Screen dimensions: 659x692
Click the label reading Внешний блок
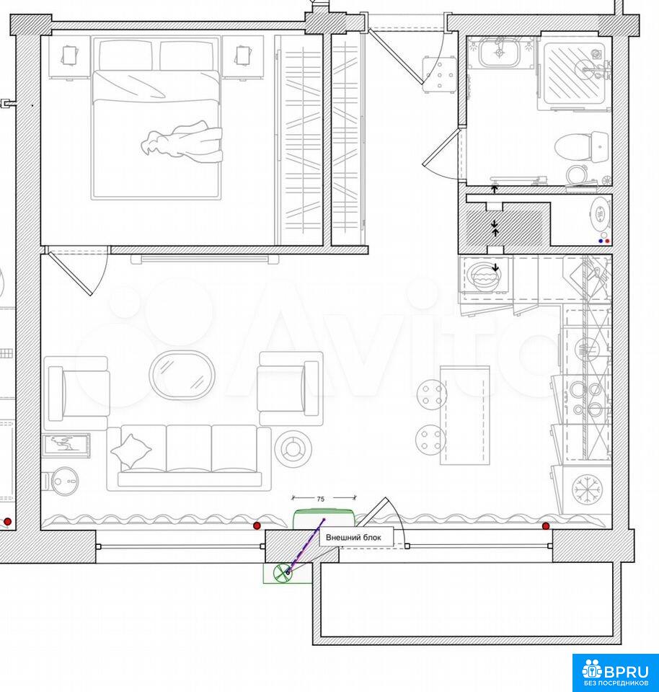pos(353,537)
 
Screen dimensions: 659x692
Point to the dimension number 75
pos(320,499)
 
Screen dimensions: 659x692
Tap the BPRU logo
pos(615,672)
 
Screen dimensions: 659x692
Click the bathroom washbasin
pos(500,52)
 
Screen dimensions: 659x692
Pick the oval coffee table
pos(182,375)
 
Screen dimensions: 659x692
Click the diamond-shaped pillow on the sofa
pos(131,451)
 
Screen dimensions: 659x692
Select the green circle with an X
pos(281,573)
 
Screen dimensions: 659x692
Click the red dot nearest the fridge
pos(546,526)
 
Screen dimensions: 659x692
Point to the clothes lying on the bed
pos(182,142)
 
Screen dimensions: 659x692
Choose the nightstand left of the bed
pos(69,58)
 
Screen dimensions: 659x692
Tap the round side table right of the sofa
pos(293,448)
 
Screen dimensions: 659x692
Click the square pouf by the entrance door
pos(439,74)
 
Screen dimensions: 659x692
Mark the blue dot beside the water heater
pos(601,241)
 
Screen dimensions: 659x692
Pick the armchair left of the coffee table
pos(77,393)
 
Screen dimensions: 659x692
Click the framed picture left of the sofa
pos(66,445)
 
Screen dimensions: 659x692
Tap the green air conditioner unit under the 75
pos(324,518)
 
